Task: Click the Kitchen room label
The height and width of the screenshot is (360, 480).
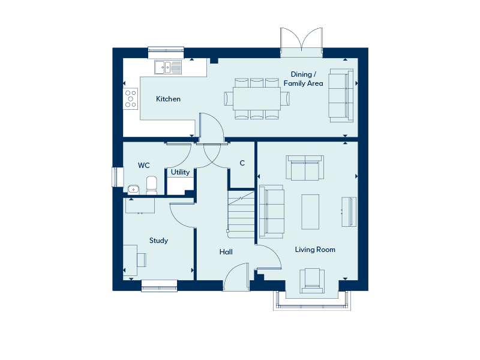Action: [x=168, y=99]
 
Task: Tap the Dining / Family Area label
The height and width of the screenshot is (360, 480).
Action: [x=303, y=79]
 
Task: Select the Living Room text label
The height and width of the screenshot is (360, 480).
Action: [x=315, y=250]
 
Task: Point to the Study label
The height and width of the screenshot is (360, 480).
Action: [x=158, y=241]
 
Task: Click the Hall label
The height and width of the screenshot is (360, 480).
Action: [x=226, y=252]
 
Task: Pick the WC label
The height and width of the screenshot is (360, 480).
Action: [x=143, y=166]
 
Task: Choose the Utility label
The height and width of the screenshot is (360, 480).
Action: [x=180, y=172]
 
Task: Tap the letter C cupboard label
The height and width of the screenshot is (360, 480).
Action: [x=242, y=163]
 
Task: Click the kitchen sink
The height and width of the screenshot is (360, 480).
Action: [x=168, y=67]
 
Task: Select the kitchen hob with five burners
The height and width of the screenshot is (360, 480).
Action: [x=131, y=98]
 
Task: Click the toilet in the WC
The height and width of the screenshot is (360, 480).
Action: [x=152, y=185]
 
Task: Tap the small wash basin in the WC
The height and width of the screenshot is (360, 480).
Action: [x=133, y=190]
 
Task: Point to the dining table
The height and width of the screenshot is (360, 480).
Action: [x=257, y=98]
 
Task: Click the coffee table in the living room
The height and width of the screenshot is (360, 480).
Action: [x=310, y=212]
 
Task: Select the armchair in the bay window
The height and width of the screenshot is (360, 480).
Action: [x=312, y=281]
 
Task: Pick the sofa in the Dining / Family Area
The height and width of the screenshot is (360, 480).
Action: [x=341, y=95]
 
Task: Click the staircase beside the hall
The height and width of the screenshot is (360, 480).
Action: [x=241, y=214]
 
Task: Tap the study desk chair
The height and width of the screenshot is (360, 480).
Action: [x=142, y=260]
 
